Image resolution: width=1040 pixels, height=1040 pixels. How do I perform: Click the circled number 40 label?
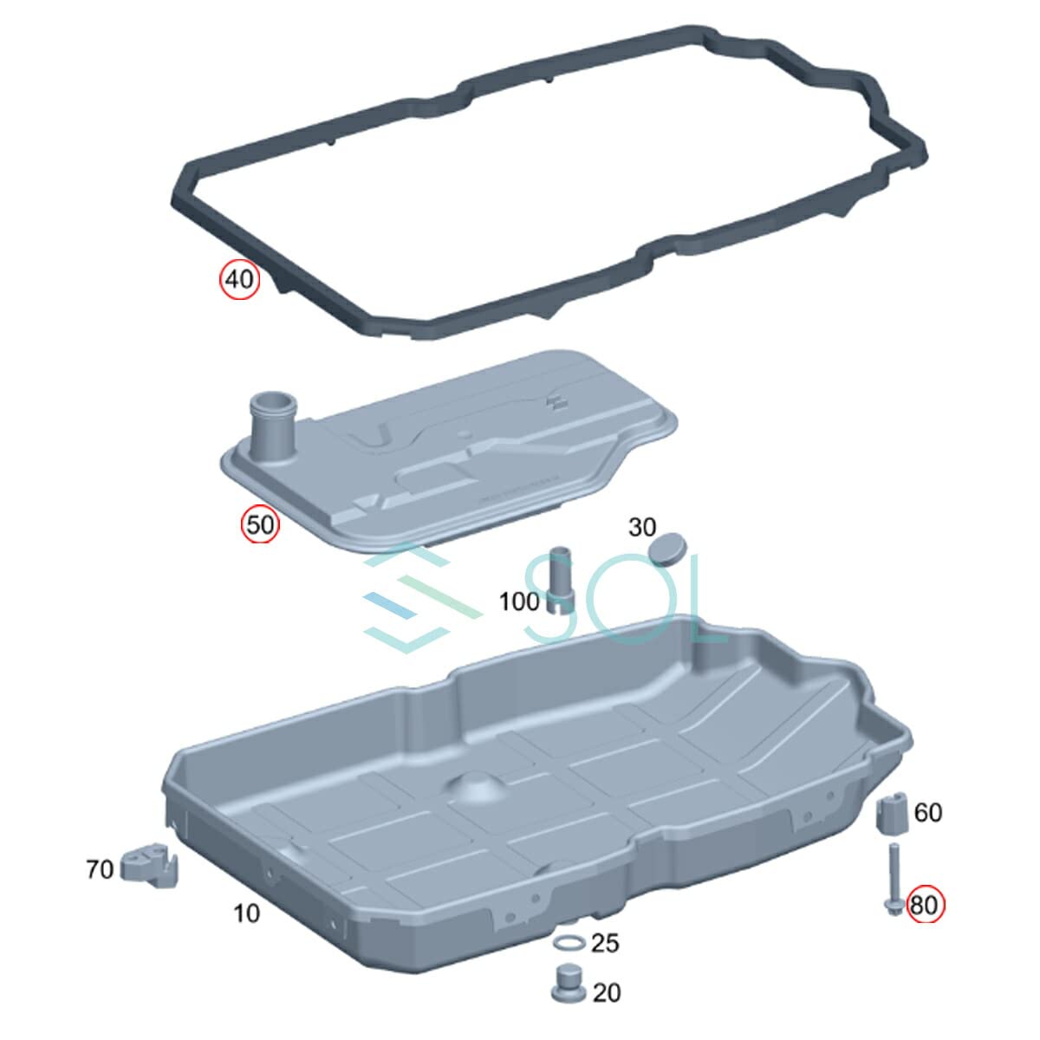pos(239,280)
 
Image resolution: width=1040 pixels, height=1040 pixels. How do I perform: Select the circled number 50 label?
pos(260,524)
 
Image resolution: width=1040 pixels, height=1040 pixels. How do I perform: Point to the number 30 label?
pos(641,527)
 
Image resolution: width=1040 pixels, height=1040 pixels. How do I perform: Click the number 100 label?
pos(519,601)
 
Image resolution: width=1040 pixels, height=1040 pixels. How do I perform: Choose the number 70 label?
pos(100,869)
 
